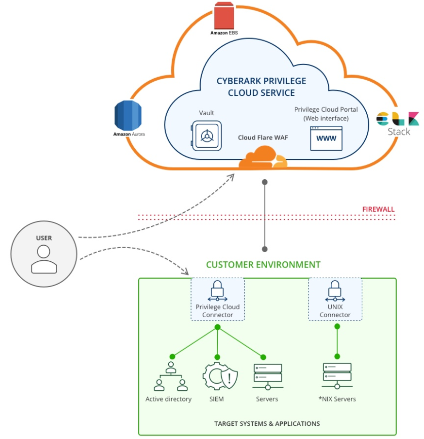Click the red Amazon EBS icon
click(224, 16)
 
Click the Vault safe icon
click(206, 136)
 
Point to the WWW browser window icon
click(326, 138)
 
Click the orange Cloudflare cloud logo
click(262, 158)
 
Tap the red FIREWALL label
click(378, 209)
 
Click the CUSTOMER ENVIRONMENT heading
click(263, 264)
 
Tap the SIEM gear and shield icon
click(220, 376)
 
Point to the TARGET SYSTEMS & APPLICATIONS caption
click(267, 423)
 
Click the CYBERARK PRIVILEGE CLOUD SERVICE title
click(261, 87)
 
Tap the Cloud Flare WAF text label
click(263, 138)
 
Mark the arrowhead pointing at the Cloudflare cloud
click(230, 176)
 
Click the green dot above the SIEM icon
click(218, 356)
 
